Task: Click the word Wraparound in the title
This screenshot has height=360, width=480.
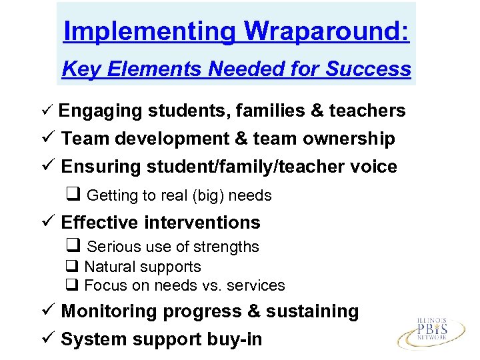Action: click(327, 31)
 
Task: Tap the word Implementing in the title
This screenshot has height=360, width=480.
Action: click(149, 31)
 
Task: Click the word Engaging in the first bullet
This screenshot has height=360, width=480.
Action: click(100, 111)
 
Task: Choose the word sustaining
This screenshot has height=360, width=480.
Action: click(317, 311)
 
